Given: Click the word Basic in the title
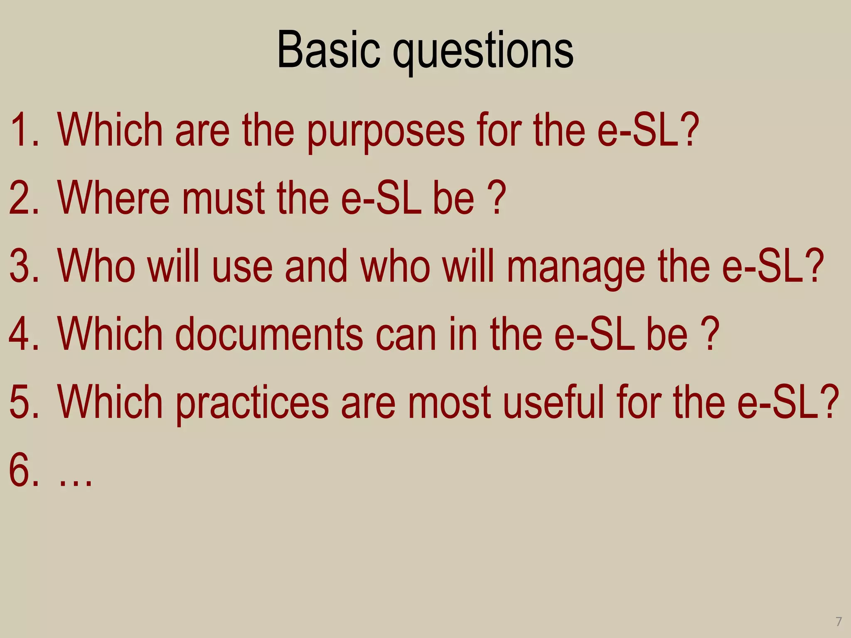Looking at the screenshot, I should [x=328, y=51].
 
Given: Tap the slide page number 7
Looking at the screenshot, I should [x=839, y=622].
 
